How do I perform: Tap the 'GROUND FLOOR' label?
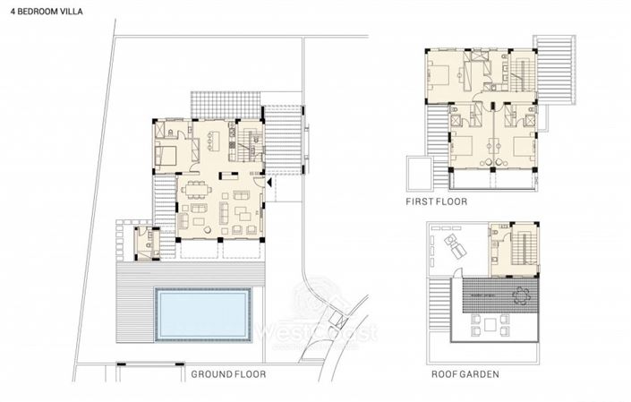tap(228, 374)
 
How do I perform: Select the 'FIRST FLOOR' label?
tap(437, 203)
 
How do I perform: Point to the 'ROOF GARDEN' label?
tap(465, 374)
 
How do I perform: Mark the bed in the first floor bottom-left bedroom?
tap(463, 144)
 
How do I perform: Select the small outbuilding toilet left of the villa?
tap(143, 242)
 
